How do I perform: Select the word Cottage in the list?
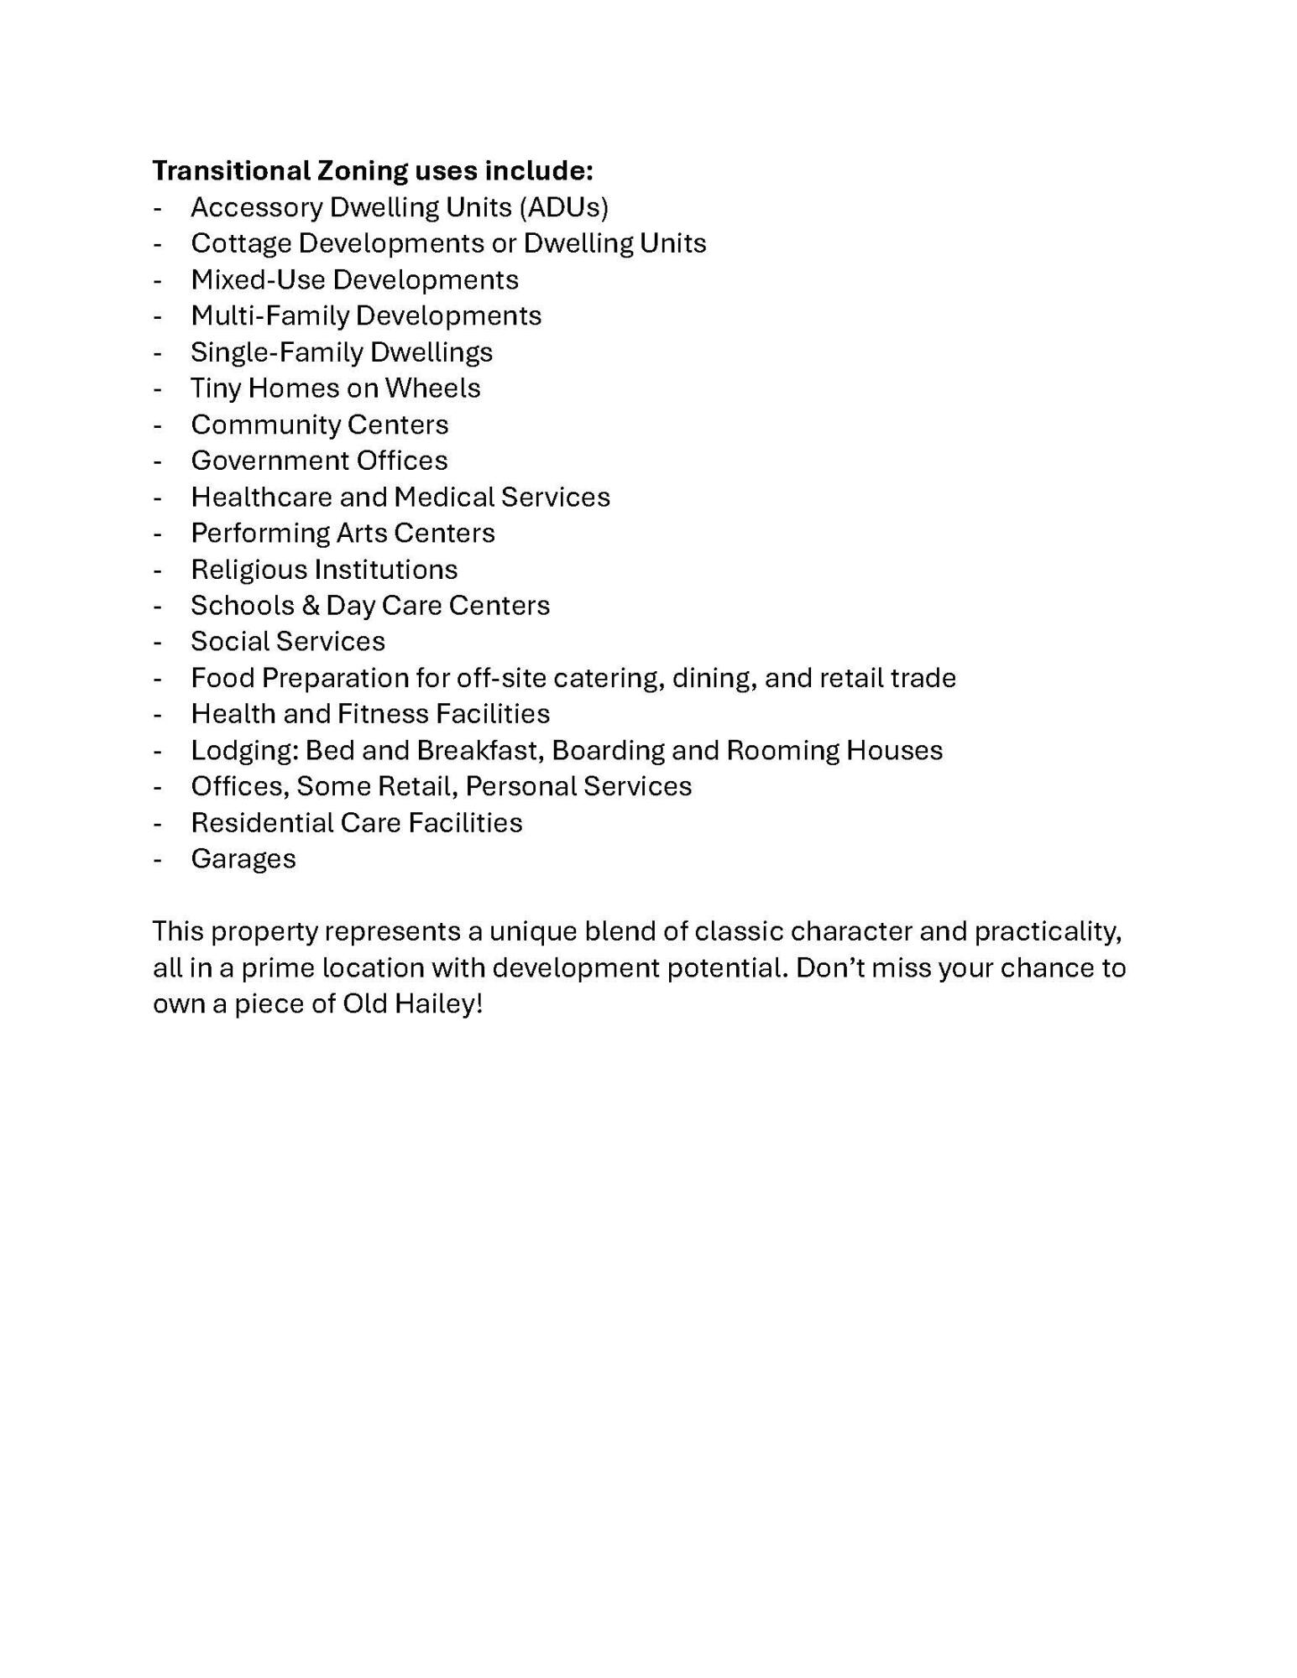pyautogui.click(x=241, y=243)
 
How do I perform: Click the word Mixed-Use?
pyautogui.click(x=258, y=279)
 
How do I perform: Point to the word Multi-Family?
pyautogui.click(x=269, y=315)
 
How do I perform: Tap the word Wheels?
pyautogui.click(x=432, y=388)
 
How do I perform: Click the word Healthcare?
pyautogui.click(x=261, y=497)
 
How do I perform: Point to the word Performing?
pyautogui.click(x=260, y=533)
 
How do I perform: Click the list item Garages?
pyautogui.click(x=243, y=859)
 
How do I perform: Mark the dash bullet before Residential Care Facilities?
pyautogui.click(x=157, y=823)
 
